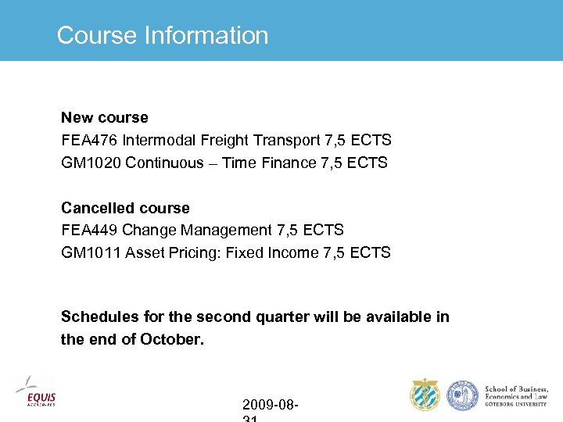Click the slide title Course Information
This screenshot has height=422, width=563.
(163, 35)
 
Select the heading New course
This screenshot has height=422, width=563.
(105, 118)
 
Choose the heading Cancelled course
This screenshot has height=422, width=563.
(125, 208)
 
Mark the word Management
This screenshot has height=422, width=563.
(228, 231)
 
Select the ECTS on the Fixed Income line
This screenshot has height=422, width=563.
(370, 253)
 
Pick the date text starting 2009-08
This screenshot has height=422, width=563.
(270, 405)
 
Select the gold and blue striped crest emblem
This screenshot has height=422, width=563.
(425, 395)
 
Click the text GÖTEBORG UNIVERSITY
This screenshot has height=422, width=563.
(517, 405)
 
